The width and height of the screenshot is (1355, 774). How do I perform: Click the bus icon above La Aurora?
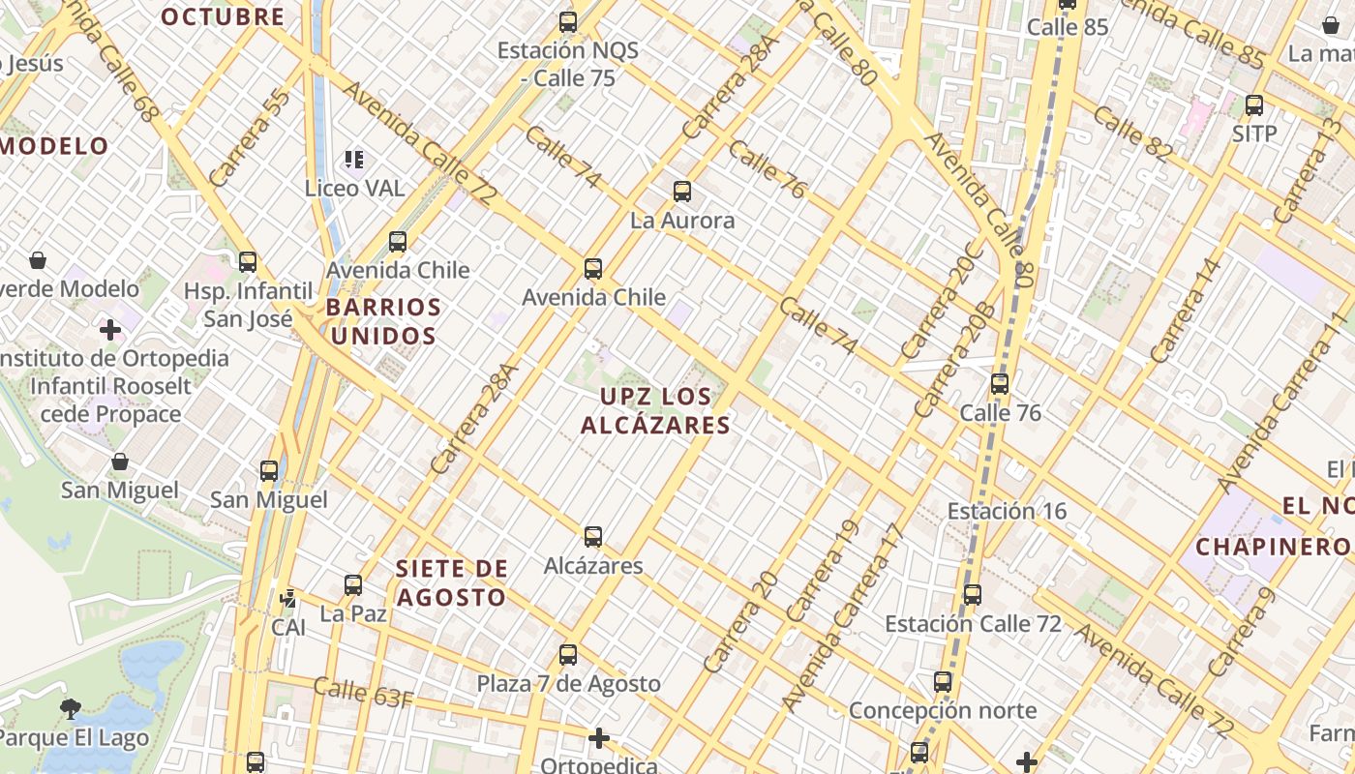[x=682, y=192]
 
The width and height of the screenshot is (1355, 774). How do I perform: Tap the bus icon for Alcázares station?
[x=593, y=537]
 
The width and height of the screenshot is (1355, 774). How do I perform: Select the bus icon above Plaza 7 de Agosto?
[x=568, y=655]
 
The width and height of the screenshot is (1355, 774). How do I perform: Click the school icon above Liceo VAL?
[x=354, y=160]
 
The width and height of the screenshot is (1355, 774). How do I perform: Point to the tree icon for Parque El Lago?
[x=70, y=709]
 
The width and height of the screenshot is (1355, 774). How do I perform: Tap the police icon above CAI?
[x=287, y=599]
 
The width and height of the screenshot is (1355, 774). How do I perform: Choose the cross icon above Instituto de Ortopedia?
[x=110, y=330]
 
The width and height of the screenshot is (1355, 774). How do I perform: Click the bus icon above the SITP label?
[x=1254, y=105]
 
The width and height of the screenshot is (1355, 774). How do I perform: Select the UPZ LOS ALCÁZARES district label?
[x=655, y=410]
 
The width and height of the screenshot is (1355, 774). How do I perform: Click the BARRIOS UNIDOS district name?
[x=383, y=322]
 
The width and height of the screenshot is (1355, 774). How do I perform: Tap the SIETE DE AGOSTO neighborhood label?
[x=452, y=582]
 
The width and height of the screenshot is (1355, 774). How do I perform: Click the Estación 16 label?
[x=1007, y=511]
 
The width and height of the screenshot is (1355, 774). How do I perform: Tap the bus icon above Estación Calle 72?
[x=973, y=595]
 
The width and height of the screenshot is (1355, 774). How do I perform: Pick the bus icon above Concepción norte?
[x=943, y=682]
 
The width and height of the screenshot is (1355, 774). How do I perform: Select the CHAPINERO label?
[x=1273, y=547]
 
